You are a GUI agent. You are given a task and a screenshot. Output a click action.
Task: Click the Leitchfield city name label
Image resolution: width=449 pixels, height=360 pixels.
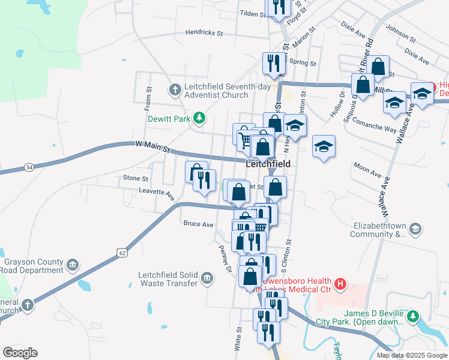point(268,164)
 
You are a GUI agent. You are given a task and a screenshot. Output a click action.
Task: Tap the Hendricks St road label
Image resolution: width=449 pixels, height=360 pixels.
point(204,33)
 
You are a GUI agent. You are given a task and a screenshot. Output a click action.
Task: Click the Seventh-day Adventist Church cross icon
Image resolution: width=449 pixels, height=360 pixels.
point(175,90)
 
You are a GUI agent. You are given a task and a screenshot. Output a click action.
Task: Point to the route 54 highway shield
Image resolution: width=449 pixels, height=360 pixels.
point(28,166)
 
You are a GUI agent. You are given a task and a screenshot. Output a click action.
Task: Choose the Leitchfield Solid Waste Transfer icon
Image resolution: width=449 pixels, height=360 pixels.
point(207,278)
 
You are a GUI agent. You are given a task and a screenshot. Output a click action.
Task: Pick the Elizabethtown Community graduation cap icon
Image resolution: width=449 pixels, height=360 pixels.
point(415,229)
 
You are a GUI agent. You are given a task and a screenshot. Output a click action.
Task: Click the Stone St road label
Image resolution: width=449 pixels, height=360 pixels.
point(135,178)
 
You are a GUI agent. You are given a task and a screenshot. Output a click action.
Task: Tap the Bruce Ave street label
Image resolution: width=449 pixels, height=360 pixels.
point(198,224)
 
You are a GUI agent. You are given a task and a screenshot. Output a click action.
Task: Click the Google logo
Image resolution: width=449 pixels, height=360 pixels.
point(20,353)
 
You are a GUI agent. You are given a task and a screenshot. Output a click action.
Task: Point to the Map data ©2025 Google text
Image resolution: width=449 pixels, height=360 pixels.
point(411,355)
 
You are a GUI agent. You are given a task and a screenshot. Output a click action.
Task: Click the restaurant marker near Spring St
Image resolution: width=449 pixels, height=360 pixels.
point(274,63)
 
